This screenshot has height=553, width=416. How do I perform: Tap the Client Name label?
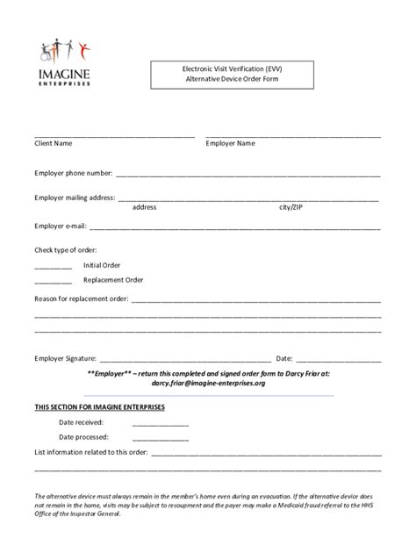click(x=53, y=143)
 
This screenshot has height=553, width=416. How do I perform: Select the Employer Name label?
click(x=230, y=143)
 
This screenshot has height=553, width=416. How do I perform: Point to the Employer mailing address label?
click(x=75, y=197)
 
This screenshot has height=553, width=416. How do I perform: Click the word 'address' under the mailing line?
click(x=144, y=208)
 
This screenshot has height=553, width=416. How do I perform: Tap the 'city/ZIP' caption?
click(x=294, y=208)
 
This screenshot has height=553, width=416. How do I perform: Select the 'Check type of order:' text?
click(x=65, y=250)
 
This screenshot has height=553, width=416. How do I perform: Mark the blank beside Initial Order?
click(x=53, y=267)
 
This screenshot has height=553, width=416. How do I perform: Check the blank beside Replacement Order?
click(x=53, y=283)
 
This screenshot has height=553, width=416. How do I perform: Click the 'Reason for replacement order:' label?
click(x=82, y=298)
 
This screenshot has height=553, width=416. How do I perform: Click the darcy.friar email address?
click(x=208, y=384)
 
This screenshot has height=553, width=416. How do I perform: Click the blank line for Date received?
click(x=160, y=424)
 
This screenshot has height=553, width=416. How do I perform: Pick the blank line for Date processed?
click(x=160, y=438)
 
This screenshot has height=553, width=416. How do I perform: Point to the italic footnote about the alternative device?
click(x=208, y=505)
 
